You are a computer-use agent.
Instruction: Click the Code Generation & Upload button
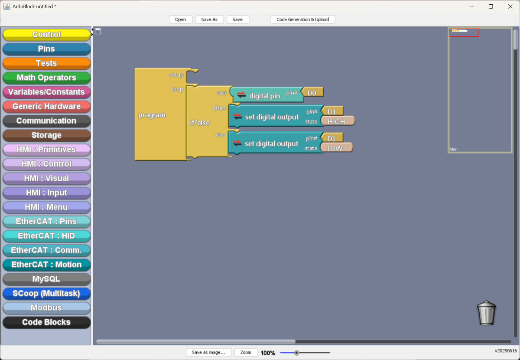tap(302, 19)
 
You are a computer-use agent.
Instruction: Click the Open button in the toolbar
tap(180, 19)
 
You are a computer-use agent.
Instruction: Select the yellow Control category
tap(46, 34)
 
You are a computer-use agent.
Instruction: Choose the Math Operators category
tap(46, 78)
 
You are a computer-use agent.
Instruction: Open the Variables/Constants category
tap(46, 92)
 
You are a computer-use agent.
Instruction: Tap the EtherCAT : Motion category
tap(46, 265)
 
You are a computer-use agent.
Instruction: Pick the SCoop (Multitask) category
tap(46, 293)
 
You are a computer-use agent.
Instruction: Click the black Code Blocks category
tap(46, 322)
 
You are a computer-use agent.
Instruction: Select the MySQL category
tap(46, 279)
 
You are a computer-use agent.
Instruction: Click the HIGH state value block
tap(338, 121)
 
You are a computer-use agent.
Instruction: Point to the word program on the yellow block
tap(152, 115)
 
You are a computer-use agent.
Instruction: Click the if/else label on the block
tap(200, 122)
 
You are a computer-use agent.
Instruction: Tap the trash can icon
tap(486, 313)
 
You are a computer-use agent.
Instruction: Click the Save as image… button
tap(208, 352)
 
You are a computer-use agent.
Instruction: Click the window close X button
tap(510, 6)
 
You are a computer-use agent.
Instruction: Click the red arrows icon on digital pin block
tap(241, 95)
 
